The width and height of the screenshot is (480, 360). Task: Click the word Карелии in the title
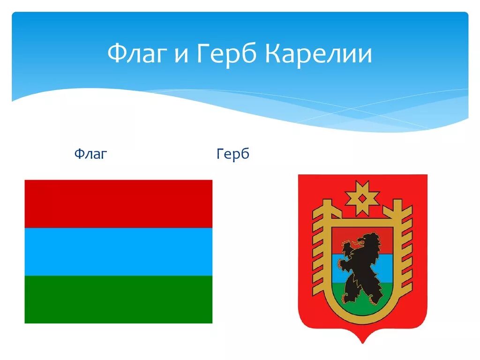click(319, 55)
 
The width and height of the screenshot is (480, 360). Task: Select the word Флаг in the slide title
click(136, 55)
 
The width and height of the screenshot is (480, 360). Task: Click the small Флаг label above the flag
click(91, 153)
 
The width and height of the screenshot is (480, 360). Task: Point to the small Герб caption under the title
click(233, 154)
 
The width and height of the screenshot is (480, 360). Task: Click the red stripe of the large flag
click(118, 203)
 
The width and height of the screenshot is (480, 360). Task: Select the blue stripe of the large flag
click(118, 251)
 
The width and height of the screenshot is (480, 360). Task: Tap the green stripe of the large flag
click(118, 299)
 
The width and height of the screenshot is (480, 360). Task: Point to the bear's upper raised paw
click(347, 247)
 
